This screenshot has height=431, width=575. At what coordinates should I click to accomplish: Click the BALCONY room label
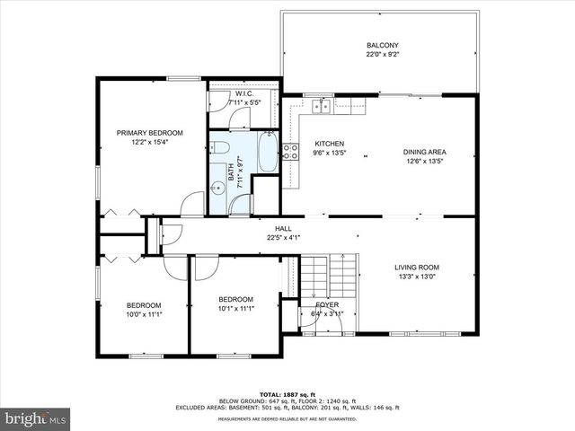tap(382, 46)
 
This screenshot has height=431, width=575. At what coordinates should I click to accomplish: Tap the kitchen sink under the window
tap(320, 107)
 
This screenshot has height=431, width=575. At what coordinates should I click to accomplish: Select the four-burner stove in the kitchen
tap(291, 152)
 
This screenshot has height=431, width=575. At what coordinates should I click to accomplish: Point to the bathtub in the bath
tap(267, 152)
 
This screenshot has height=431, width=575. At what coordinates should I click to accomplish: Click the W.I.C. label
tap(245, 94)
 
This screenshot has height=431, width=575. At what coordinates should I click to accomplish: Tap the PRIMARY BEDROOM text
tap(150, 132)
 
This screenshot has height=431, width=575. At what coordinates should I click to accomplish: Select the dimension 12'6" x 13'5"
tap(426, 163)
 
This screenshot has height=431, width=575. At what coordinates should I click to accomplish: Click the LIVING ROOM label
tap(417, 267)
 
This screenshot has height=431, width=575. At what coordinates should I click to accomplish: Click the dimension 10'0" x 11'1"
tap(144, 315)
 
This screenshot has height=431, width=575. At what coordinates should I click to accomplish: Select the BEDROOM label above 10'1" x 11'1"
tap(235, 299)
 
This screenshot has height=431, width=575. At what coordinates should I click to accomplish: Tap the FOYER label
tap(326, 304)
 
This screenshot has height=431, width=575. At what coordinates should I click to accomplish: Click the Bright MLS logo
tap(36, 418)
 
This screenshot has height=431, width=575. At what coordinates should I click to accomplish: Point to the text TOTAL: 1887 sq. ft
tap(287, 394)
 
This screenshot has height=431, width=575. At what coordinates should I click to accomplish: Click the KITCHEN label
tap(329, 144)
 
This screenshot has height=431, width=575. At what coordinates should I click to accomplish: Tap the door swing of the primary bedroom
tap(192, 205)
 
